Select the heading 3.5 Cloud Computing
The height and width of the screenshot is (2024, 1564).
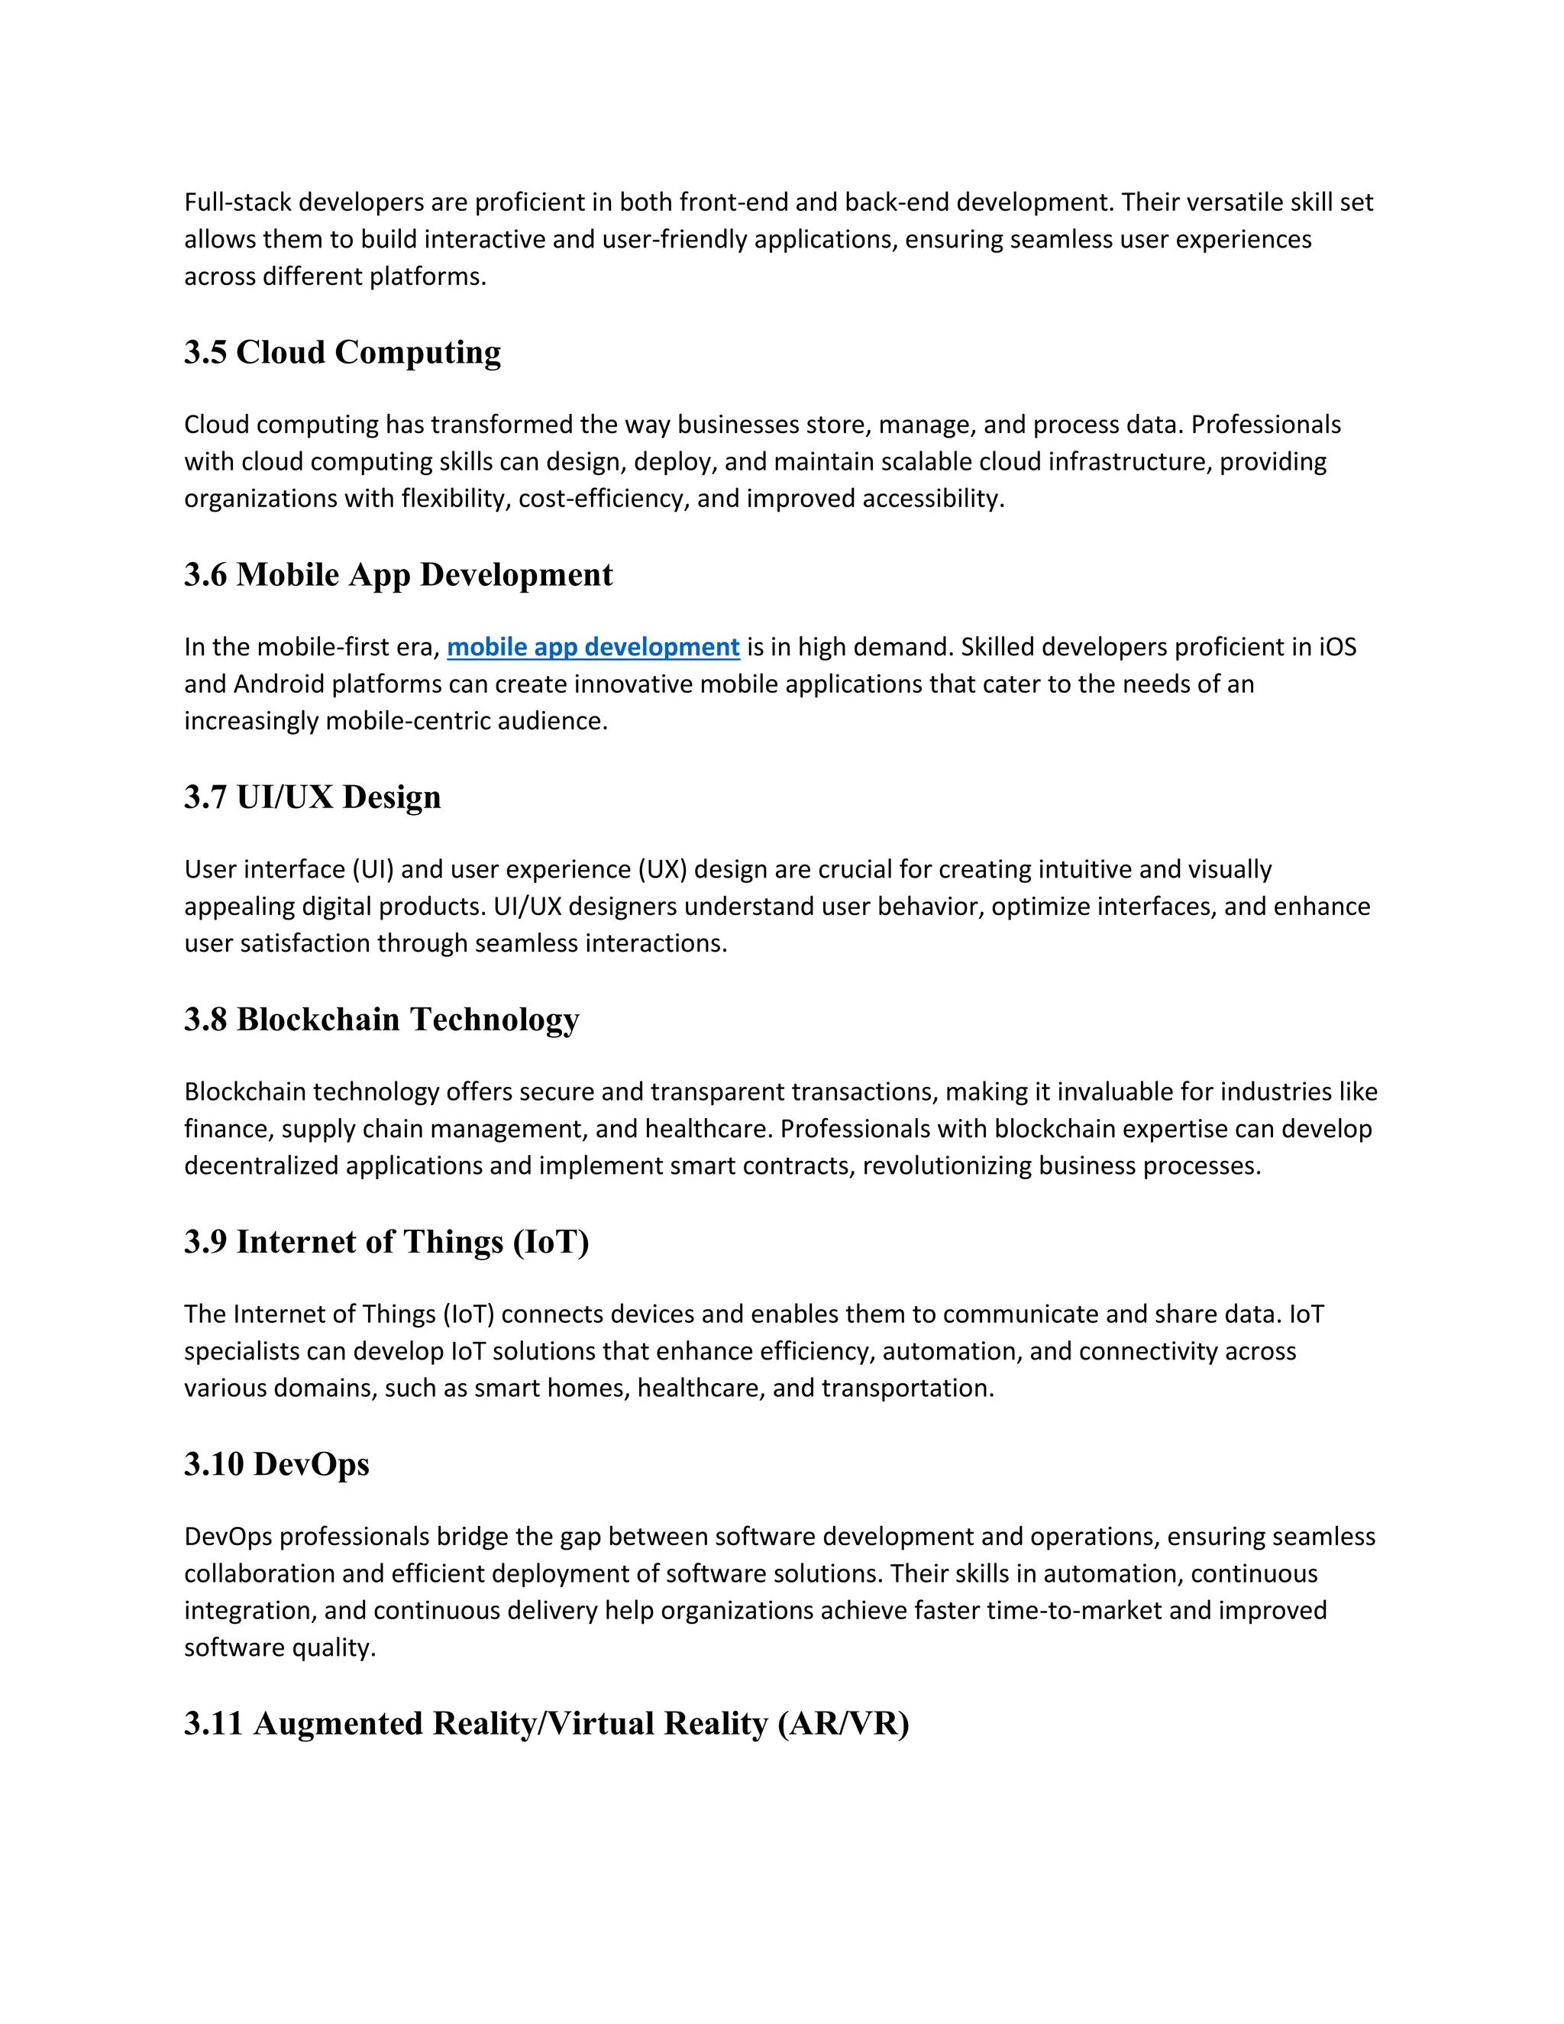(x=342, y=352)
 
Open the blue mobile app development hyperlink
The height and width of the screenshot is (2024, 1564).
(x=593, y=647)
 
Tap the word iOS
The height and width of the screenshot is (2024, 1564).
(x=1337, y=647)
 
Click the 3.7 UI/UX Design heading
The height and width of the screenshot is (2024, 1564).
(x=312, y=797)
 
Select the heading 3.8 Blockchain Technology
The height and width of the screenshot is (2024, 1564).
(x=381, y=1020)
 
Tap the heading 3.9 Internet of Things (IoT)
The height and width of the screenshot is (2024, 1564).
(x=386, y=1242)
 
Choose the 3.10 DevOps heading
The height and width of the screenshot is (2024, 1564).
(x=276, y=1464)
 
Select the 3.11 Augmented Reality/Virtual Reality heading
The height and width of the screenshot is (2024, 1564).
(x=547, y=1724)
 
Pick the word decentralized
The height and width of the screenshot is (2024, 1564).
(x=261, y=1166)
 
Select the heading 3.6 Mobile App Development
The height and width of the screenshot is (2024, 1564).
(x=399, y=574)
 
